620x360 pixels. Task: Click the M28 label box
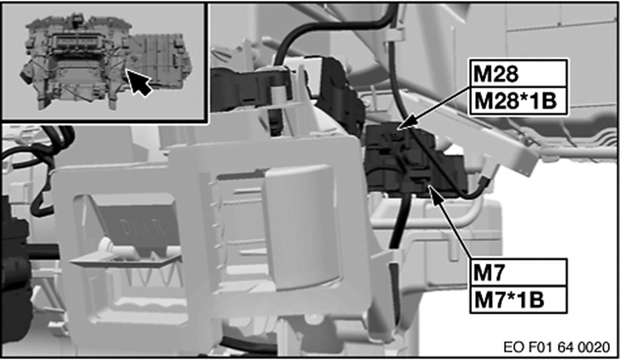coord(517,73)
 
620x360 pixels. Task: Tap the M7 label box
coord(518,272)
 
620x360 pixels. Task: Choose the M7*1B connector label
coord(518,300)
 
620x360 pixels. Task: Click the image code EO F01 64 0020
coord(556,347)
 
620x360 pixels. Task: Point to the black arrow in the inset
coord(138,82)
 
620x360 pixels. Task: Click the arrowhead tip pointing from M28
coord(398,129)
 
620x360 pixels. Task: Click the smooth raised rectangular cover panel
coord(302,227)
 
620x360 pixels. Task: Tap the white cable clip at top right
coord(393,37)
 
